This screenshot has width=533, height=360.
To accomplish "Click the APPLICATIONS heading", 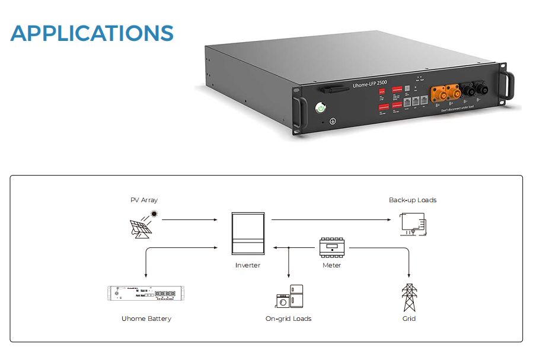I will pyautogui.click(x=92, y=33).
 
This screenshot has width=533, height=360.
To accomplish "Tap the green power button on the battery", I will pyautogui.click(x=321, y=108).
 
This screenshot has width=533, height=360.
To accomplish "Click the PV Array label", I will pyautogui.click(x=144, y=200).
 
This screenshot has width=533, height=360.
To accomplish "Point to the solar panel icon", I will pyautogui.click(x=140, y=228).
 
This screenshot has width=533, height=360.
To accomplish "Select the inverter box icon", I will pyautogui.click(x=247, y=235).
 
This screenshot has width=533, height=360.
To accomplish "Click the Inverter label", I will pyautogui.click(x=247, y=265).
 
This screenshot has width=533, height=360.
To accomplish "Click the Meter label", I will pyautogui.click(x=331, y=265).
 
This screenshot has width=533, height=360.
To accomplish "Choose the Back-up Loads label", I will pyautogui.click(x=413, y=200).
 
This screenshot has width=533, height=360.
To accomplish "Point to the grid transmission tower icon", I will pyautogui.click(x=408, y=297).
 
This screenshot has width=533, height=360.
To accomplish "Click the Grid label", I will pyautogui.click(x=408, y=318).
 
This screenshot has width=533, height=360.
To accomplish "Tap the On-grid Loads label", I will pyautogui.click(x=288, y=318).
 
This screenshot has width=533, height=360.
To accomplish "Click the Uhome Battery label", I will pyautogui.click(x=146, y=318).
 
